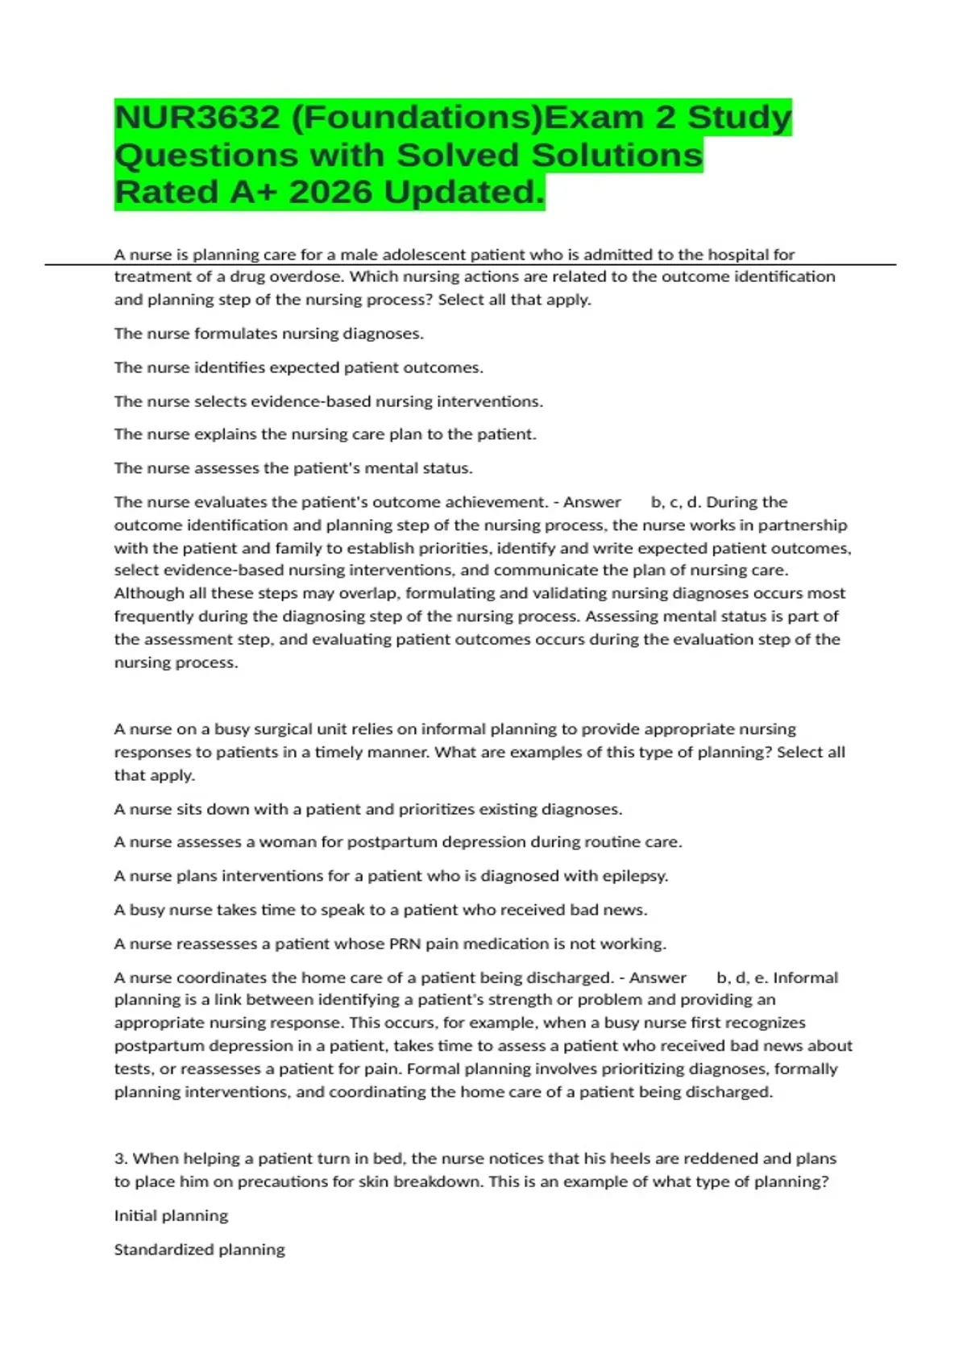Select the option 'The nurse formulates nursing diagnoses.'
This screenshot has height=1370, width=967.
click(268, 334)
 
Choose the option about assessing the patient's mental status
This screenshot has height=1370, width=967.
click(293, 468)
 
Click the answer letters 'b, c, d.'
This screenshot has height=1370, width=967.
click(675, 502)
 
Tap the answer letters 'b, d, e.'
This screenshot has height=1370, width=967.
click(741, 978)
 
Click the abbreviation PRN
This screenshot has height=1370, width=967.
click(405, 944)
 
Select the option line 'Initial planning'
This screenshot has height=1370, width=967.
click(171, 1216)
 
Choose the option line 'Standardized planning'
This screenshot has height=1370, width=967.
click(199, 1250)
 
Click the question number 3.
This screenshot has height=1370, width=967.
click(121, 1159)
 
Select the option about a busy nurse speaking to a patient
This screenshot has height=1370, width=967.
click(380, 910)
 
